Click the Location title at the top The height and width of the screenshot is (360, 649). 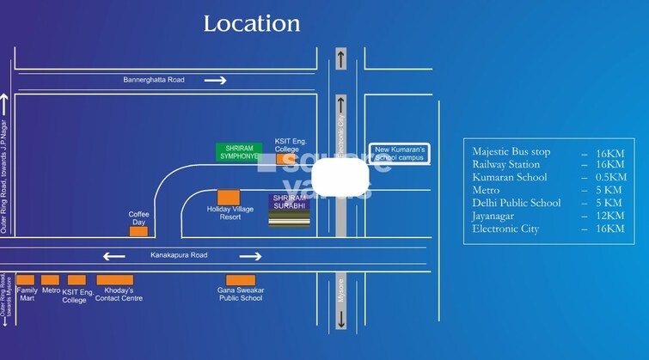[252, 24]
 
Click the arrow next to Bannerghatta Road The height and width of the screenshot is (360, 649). [215, 81]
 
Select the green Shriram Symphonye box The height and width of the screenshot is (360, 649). [239, 152]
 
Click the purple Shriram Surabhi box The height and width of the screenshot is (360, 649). [289, 202]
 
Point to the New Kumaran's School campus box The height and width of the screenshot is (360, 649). [400, 154]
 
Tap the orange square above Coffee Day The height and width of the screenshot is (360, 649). [138, 231]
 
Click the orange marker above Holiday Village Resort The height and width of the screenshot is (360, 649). [229, 198]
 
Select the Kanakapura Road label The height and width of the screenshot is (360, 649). [179, 255]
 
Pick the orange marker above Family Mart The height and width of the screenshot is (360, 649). [26, 280]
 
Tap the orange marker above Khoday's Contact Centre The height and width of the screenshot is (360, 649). [114, 280]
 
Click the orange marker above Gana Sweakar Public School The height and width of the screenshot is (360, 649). [240, 280]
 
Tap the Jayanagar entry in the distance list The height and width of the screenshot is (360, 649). [499, 216]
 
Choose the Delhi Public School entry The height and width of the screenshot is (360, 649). [517, 203]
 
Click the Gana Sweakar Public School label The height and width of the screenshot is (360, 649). [240, 294]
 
